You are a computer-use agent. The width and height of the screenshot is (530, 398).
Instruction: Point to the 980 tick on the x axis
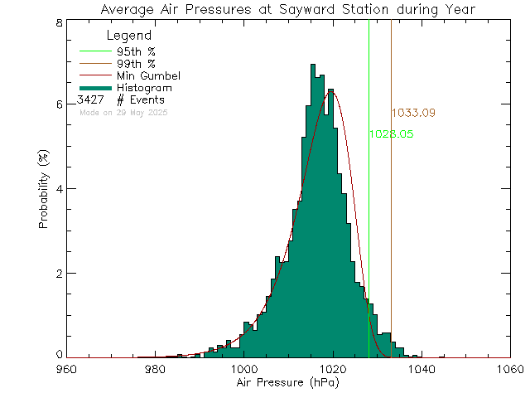click(x=155, y=370)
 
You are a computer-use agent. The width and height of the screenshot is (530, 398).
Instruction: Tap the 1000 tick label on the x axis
click(x=243, y=370)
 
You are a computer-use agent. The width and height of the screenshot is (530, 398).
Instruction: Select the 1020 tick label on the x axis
click(x=332, y=370)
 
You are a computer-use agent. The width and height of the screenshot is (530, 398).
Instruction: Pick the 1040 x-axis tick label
click(x=421, y=370)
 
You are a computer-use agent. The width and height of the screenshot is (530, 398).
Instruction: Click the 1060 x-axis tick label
click(x=509, y=370)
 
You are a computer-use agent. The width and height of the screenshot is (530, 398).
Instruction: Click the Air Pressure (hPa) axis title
click(x=287, y=385)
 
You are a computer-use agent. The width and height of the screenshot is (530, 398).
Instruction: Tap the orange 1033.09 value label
click(x=413, y=113)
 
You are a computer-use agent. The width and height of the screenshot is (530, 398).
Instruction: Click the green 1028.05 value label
click(x=392, y=133)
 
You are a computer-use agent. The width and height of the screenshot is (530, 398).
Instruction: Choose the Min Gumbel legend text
click(x=148, y=75)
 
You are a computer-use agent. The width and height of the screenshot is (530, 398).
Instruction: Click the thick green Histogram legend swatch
click(x=95, y=87)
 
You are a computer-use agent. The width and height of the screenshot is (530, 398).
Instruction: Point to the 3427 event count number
click(x=90, y=99)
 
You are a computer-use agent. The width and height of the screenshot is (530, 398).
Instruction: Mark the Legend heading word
click(x=129, y=36)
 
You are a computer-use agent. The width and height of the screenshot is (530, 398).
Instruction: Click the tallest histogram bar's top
click(x=312, y=65)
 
